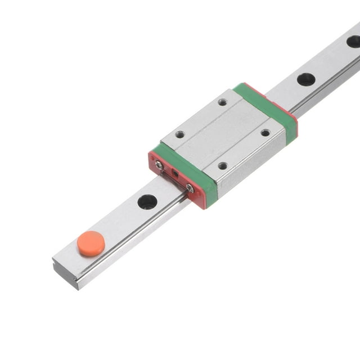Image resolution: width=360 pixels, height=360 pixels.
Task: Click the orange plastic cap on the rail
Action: click(91, 243)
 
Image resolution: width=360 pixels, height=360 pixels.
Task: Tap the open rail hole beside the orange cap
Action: click(147, 201)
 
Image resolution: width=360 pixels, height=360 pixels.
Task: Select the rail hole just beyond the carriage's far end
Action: click(306, 79)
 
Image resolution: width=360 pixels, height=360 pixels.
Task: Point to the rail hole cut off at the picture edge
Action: click(354, 41)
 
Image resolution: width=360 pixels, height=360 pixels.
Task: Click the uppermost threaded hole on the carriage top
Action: click(223, 102)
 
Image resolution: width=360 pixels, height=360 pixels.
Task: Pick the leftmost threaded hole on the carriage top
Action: click(180, 134)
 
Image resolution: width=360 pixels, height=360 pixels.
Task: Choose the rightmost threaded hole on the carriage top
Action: click(265, 133)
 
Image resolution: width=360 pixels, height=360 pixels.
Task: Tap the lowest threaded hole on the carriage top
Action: click(223, 166)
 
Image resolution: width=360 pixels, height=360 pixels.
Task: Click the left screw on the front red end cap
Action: click(160, 165)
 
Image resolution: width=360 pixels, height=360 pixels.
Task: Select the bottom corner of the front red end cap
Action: click(202, 207)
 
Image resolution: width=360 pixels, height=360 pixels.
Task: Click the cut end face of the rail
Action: click(65, 275)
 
